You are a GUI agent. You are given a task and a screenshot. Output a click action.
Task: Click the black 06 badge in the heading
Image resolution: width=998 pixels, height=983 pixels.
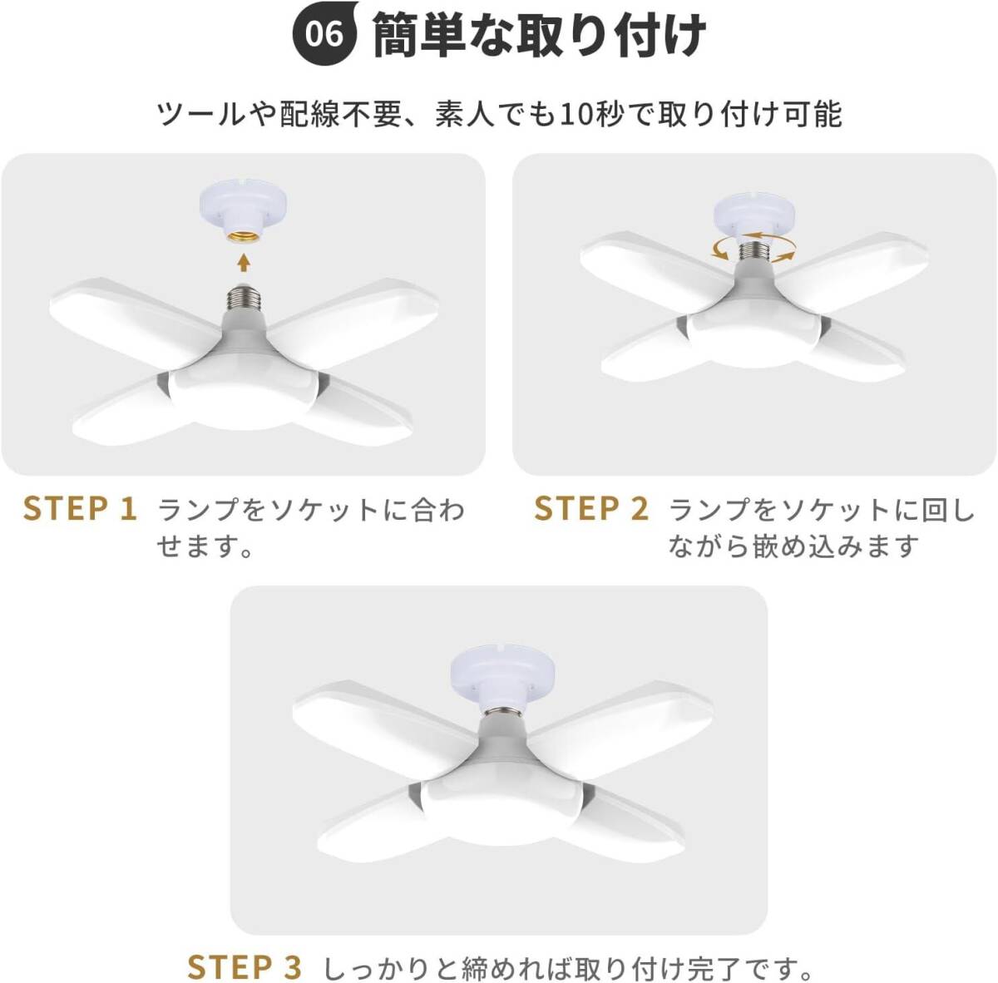324,35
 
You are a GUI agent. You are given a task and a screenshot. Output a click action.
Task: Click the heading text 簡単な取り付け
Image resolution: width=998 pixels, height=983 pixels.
539,35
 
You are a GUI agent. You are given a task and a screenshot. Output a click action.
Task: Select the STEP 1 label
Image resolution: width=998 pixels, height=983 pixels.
81,509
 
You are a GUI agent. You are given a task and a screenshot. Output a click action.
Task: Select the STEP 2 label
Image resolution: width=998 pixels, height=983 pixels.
591,509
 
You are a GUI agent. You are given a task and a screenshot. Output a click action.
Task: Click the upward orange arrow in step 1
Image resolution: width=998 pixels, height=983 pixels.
244,262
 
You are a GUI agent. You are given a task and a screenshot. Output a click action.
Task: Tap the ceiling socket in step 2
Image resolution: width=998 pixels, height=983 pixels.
757,214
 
